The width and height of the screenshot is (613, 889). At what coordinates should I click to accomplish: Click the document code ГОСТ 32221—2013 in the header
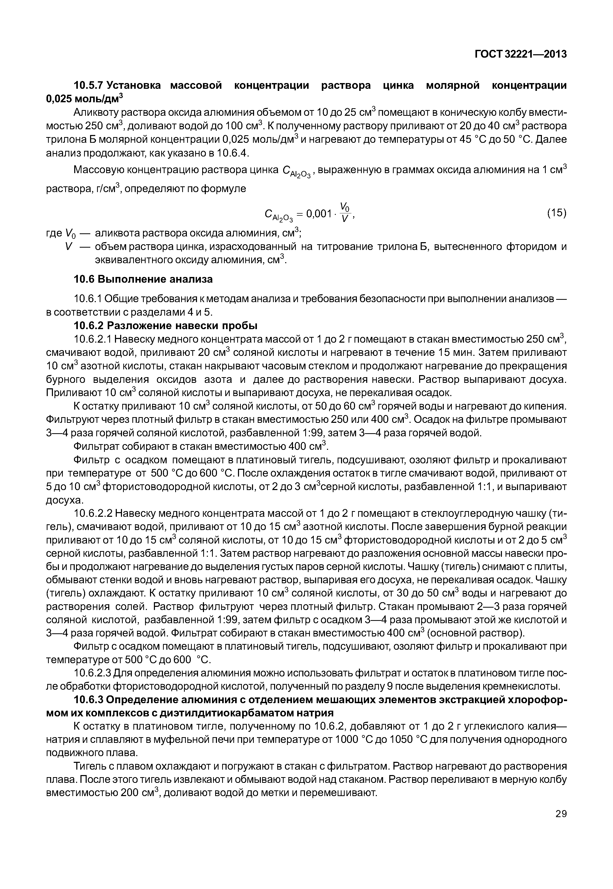click(x=520, y=55)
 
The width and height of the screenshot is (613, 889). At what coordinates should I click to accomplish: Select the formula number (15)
click(x=556, y=213)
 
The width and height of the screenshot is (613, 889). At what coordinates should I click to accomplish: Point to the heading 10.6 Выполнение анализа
click(x=143, y=279)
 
